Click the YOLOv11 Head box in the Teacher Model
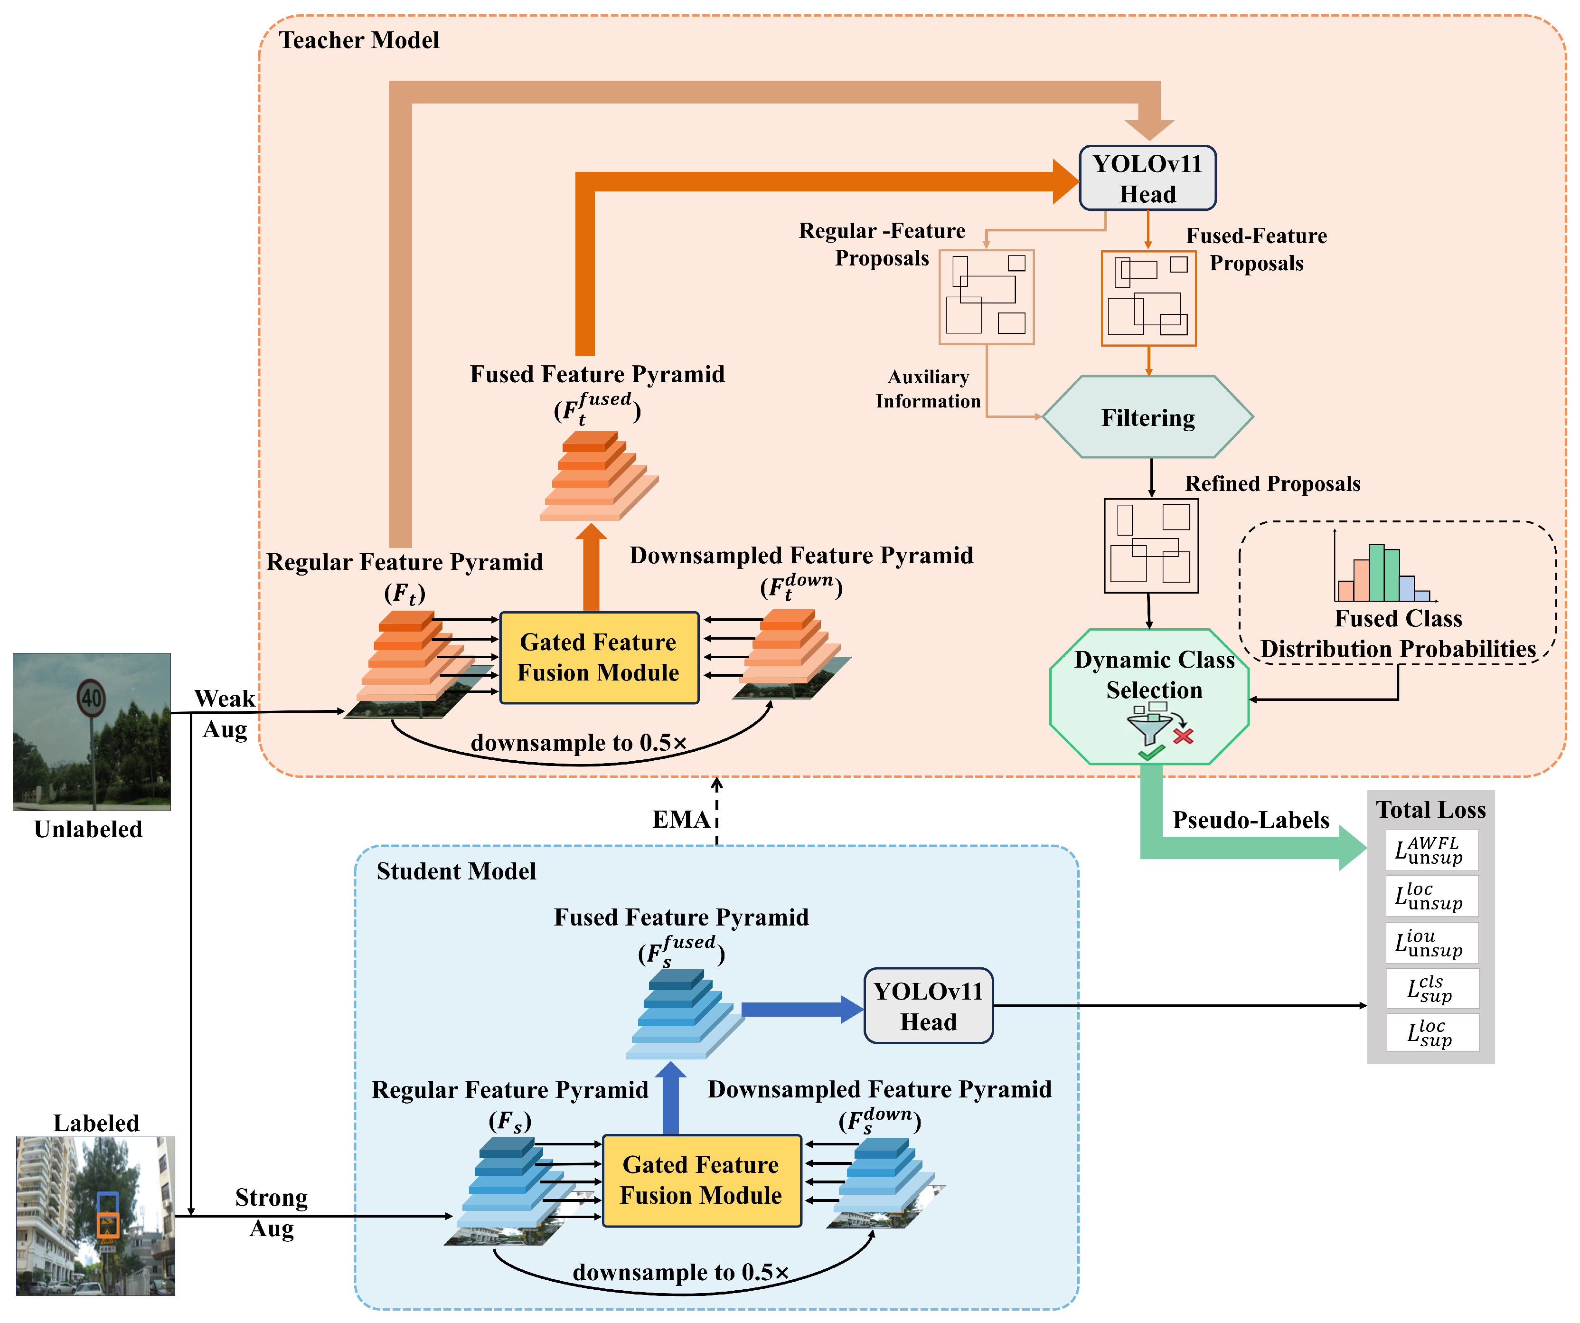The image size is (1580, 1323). tap(1147, 179)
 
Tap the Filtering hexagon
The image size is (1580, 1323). tap(1148, 417)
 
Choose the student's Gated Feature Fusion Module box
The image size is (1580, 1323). tap(701, 1180)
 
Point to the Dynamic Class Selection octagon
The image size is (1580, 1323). tap(1149, 696)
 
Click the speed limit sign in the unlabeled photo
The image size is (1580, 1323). tap(91, 698)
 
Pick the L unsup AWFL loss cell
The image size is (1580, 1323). tap(1432, 850)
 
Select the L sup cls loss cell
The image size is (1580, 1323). tap(1432, 988)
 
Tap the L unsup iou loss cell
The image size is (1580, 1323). tap(1432, 943)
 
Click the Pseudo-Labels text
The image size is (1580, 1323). tap(1251, 820)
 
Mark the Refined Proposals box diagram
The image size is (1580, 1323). tap(1151, 546)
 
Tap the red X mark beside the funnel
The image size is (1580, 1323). tap(1184, 736)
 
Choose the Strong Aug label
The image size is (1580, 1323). tap(272, 1212)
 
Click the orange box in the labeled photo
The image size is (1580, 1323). tap(108, 1225)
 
